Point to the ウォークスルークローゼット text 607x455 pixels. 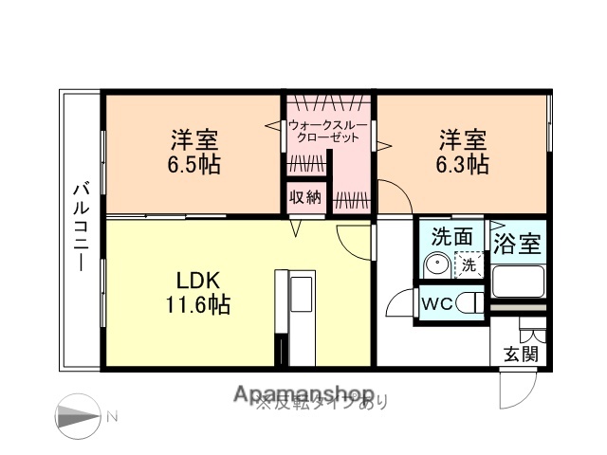pos(328,131)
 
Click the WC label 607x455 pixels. pos(436,304)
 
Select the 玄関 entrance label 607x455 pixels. pos(520,355)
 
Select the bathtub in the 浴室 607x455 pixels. pos(517,282)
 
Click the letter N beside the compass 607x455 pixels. pos(112,415)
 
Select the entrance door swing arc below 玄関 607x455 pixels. pos(517,389)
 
